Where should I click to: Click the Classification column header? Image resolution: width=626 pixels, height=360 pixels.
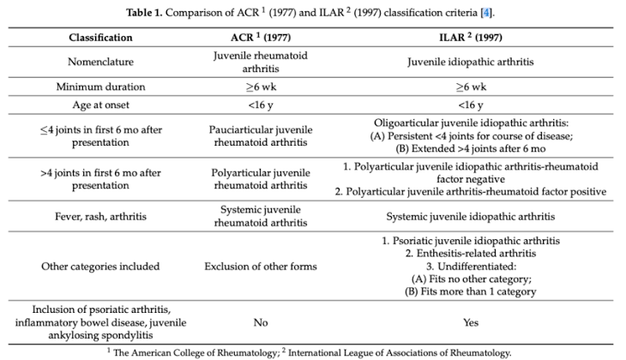coord(101,38)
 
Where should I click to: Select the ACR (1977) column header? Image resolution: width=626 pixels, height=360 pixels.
coord(261,38)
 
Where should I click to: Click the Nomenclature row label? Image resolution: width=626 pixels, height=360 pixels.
coord(101,62)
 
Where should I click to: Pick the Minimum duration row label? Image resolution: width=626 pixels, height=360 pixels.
coord(101,87)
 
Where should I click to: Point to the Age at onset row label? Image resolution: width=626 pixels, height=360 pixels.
coord(101,105)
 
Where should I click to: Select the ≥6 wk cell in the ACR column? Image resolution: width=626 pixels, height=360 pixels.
coord(261,87)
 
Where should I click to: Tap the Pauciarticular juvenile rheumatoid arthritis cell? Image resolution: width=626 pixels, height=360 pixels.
coord(261,135)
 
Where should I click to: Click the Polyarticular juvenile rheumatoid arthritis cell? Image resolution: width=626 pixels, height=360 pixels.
coord(261,177)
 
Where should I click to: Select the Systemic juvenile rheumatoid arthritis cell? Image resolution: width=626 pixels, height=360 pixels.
coord(261,217)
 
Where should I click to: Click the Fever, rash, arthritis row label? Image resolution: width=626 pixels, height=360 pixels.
coord(101,217)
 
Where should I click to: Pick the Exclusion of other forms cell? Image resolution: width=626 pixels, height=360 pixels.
coord(261,267)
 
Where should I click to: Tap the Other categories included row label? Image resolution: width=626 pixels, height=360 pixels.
coord(101,267)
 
